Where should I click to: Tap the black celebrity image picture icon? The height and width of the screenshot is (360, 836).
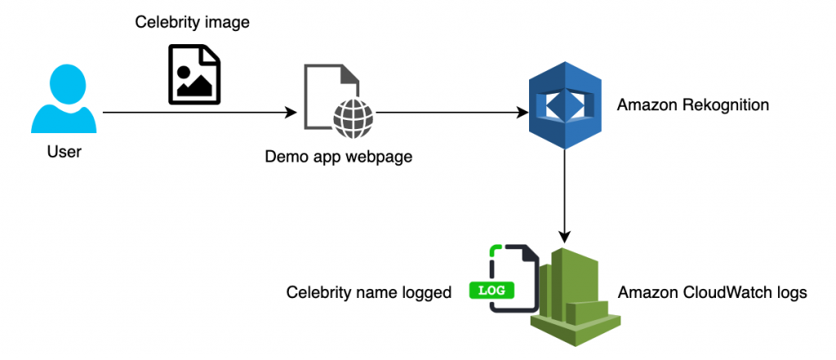(194, 75)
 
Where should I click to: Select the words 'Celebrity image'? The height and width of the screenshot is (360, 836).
(192, 23)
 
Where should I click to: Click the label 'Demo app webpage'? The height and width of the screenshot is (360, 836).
(338, 156)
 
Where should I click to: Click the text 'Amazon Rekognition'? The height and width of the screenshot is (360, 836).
(693, 105)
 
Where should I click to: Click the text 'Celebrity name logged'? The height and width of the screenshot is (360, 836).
(369, 292)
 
